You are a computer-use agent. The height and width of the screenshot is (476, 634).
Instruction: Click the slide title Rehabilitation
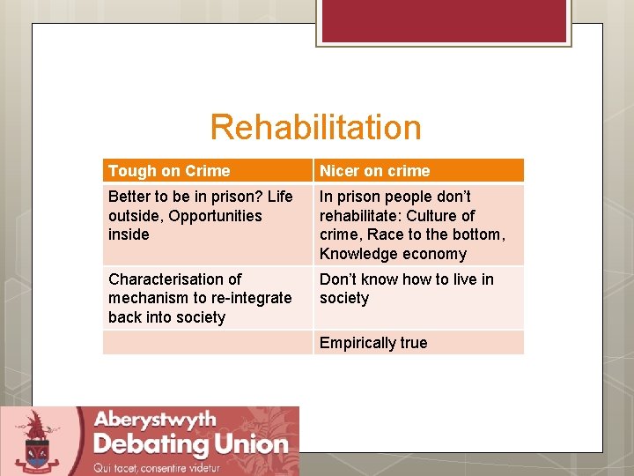[315, 128]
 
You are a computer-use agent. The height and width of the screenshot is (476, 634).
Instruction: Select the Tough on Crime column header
[169, 171]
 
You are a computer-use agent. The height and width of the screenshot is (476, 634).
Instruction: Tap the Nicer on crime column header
[374, 171]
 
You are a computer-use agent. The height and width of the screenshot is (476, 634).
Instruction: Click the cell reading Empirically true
[373, 343]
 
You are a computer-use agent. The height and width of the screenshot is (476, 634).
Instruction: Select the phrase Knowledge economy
[393, 254]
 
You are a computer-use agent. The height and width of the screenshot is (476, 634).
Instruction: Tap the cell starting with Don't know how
[407, 288]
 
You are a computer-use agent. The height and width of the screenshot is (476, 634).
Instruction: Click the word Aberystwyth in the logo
[155, 419]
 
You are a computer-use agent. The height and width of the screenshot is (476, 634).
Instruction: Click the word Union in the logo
[251, 443]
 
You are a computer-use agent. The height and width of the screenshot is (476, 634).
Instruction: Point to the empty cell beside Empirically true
[207, 343]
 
